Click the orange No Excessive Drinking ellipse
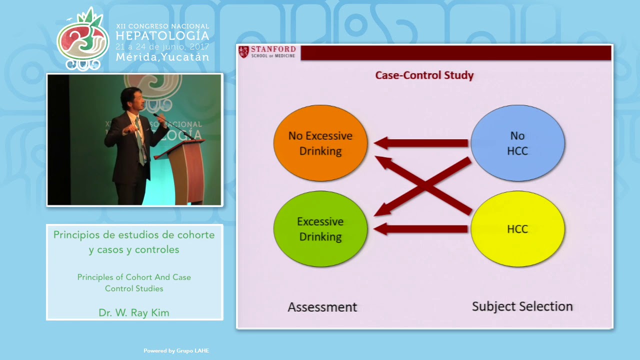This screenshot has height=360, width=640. point(320,143)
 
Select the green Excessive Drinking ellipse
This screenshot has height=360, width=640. point(320,229)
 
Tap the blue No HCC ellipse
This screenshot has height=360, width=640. point(517,143)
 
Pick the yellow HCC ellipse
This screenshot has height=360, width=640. point(517,229)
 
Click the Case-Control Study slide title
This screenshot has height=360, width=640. point(424,75)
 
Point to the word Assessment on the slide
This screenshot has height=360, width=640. point(322,307)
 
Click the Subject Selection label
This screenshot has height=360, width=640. point(522,306)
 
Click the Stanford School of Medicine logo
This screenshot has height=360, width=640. point(267,52)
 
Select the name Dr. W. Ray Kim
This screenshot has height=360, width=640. point(134,313)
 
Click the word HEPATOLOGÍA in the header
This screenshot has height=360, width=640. point(162,35)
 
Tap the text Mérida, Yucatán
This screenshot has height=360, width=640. point(162,57)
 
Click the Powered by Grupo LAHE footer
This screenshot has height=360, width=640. point(176,351)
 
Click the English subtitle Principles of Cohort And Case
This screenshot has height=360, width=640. point(134,277)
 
